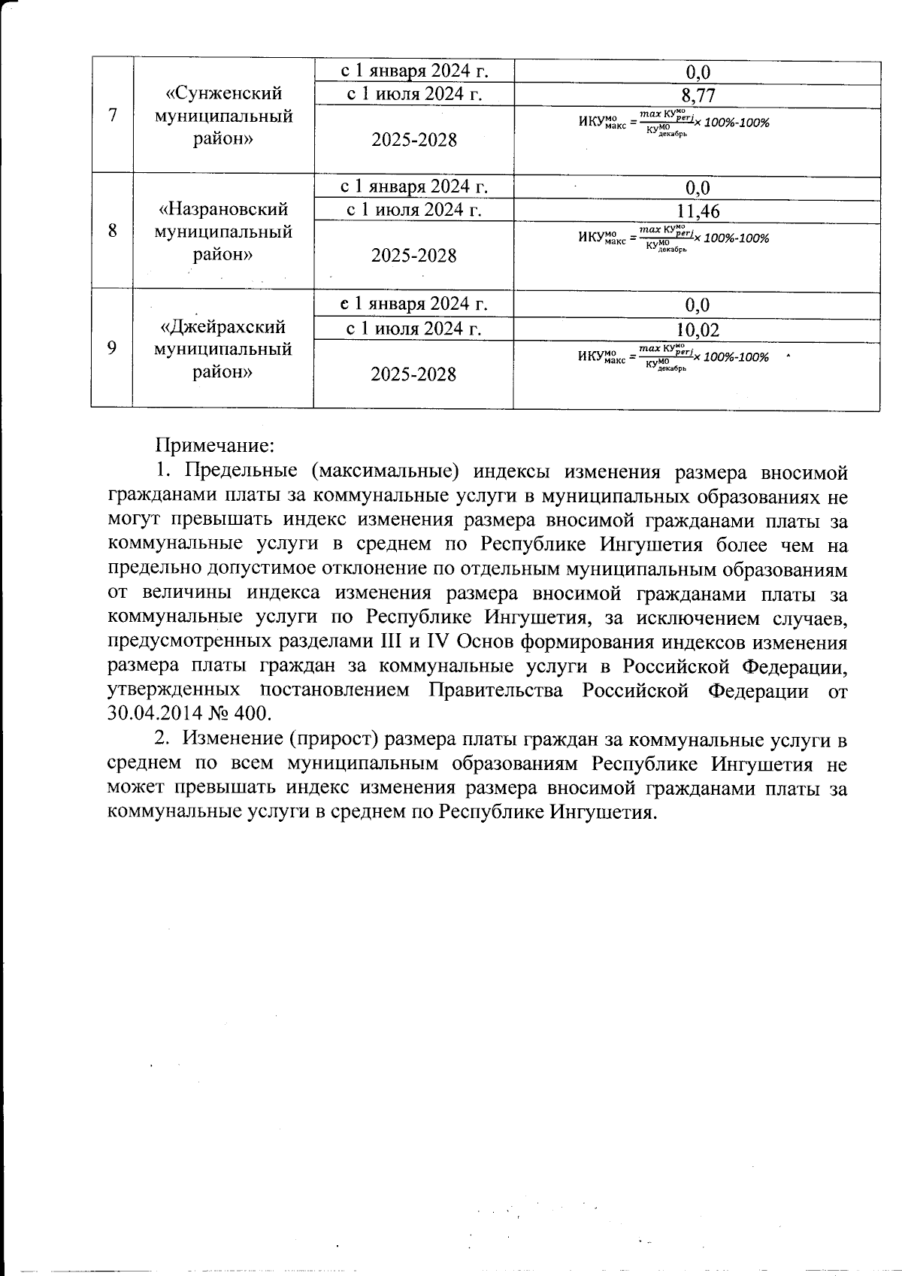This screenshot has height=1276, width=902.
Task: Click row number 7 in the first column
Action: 112,116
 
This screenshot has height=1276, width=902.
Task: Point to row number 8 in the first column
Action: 112,231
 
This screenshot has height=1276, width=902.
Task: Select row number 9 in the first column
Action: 112,348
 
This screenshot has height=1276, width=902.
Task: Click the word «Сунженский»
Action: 223,93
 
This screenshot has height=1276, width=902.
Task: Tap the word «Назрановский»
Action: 223,208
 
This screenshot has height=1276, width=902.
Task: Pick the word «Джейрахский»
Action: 223,327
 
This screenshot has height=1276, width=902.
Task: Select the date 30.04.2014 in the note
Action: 156,713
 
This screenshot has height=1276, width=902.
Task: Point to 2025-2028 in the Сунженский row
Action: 413,141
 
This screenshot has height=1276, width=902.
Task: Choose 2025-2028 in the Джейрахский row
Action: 413,374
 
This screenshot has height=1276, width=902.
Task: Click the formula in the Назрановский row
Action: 673,238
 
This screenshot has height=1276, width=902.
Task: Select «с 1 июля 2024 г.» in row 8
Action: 413,210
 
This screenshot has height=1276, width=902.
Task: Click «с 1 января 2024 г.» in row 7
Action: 413,71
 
